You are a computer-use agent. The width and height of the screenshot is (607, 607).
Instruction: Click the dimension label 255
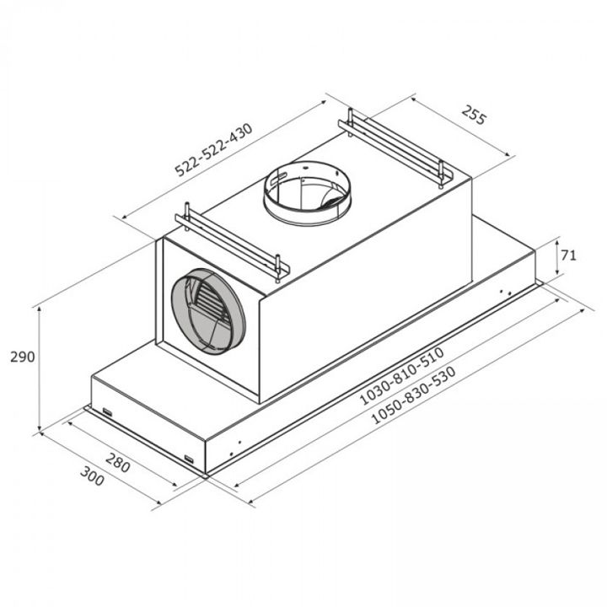pos(473,115)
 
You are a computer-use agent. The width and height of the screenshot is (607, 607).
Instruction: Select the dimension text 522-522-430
pos(213,149)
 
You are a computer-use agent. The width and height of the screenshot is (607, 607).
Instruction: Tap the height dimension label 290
pos(23,357)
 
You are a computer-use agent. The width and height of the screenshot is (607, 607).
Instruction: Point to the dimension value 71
pos(568,255)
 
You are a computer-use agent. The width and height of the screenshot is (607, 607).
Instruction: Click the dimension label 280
pos(118,462)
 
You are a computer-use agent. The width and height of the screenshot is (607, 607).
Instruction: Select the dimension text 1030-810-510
pos(401,376)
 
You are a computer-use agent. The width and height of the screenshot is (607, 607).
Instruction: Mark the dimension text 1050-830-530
pos(413,395)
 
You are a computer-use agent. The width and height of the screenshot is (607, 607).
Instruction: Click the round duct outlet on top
pos(308,192)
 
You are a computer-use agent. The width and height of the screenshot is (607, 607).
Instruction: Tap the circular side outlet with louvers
pos(208,311)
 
